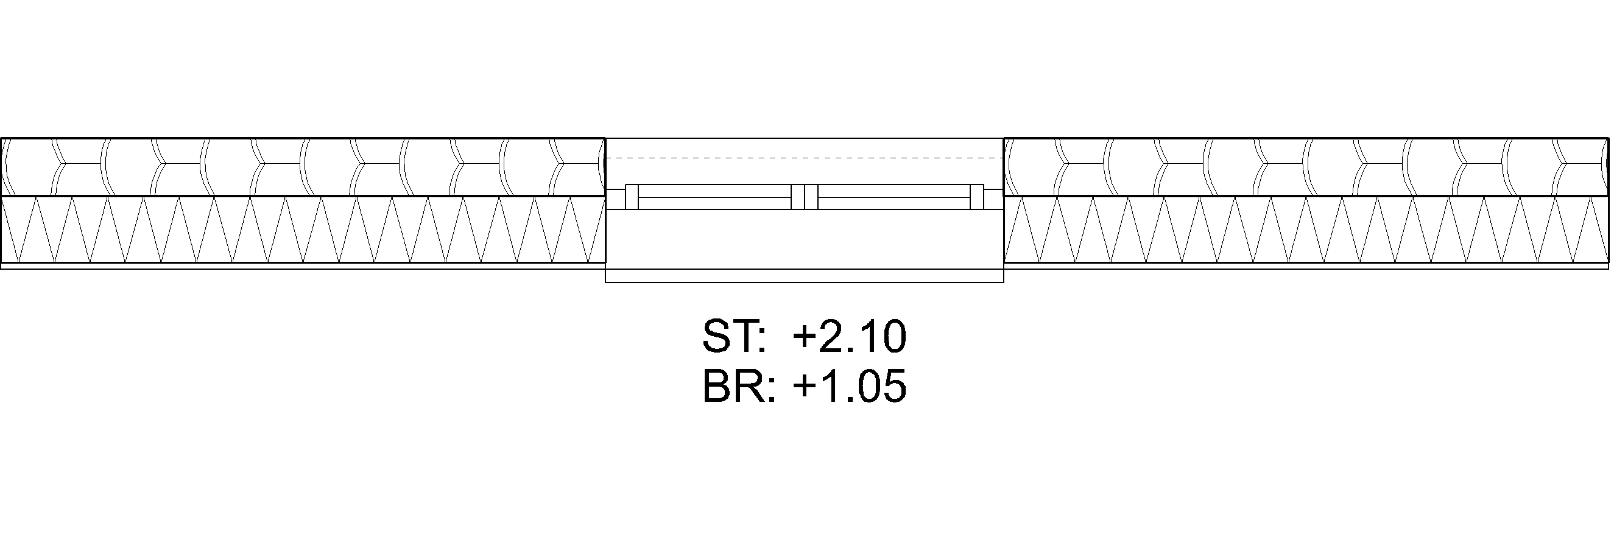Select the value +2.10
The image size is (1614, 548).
[849, 337]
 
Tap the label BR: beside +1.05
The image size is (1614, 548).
[738, 386]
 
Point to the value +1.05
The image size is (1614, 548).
[849, 386]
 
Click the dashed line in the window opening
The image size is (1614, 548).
[804, 158]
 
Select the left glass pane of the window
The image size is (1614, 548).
[714, 197]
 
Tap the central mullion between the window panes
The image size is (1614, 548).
[805, 197]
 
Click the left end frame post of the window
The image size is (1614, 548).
[632, 197]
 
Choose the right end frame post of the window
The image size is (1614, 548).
[978, 197]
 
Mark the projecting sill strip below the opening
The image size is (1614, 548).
[804, 276]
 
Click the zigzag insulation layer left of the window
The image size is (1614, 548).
[301, 230]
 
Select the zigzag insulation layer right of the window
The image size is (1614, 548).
[1306, 230]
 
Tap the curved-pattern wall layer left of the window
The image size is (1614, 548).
[301, 167]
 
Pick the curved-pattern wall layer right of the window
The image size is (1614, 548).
[1306, 167]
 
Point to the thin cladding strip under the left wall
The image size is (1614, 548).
[301, 266]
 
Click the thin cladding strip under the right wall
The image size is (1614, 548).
[1306, 266]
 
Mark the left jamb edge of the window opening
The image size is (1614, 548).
[605, 206]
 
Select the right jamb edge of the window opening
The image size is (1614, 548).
[1004, 206]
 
